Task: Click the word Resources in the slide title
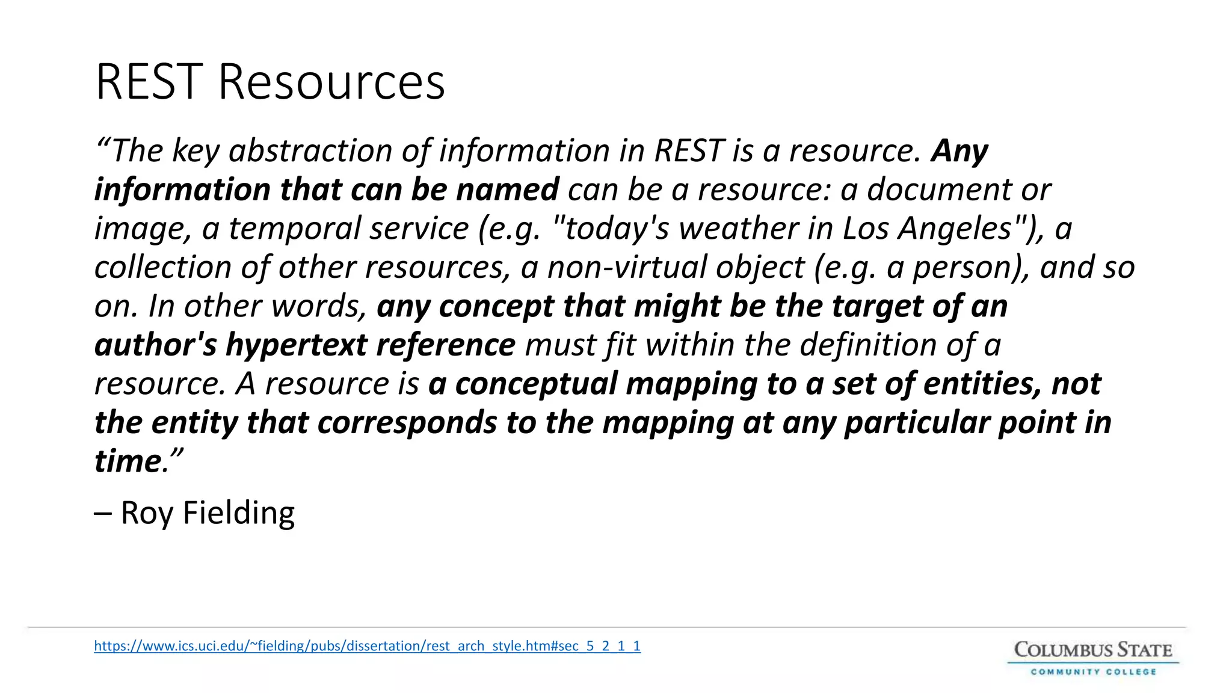331,82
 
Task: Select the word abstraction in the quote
310,150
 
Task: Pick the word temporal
295,229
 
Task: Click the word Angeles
957,229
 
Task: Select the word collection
162,267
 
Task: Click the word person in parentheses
962,268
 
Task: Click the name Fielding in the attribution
238,513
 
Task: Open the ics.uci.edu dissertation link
367,646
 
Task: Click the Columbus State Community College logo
1093,659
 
